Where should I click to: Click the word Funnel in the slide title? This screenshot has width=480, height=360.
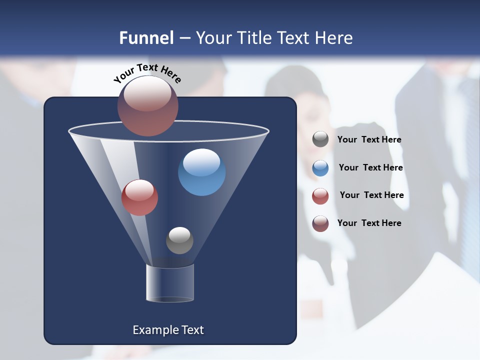tap(146, 38)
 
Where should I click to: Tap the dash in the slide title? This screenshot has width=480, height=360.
tap(184, 38)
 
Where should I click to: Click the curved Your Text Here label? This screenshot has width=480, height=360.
tap(147, 72)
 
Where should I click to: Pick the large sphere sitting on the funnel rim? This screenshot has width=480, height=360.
tap(147, 105)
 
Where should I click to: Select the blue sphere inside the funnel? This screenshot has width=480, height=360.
tap(201, 172)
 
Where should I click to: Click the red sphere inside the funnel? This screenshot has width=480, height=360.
tap(139, 197)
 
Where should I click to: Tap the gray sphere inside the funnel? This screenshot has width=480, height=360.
tap(179, 240)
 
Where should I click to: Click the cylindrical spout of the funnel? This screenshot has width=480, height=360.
tap(169, 283)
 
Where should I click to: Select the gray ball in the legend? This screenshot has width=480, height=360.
tap(320, 139)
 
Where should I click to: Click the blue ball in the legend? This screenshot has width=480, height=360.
tap(320, 168)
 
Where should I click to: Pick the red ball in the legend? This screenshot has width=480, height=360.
tap(320, 196)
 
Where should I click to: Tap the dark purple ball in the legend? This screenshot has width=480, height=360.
tap(320, 223)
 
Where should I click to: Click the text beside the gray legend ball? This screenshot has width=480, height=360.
tap(369, 140)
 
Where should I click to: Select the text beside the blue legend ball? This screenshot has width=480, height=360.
tap(370, 168)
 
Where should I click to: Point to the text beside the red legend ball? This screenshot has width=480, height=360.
tap(371, 195)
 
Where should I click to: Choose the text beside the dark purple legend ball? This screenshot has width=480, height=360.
tap(369, 223)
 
